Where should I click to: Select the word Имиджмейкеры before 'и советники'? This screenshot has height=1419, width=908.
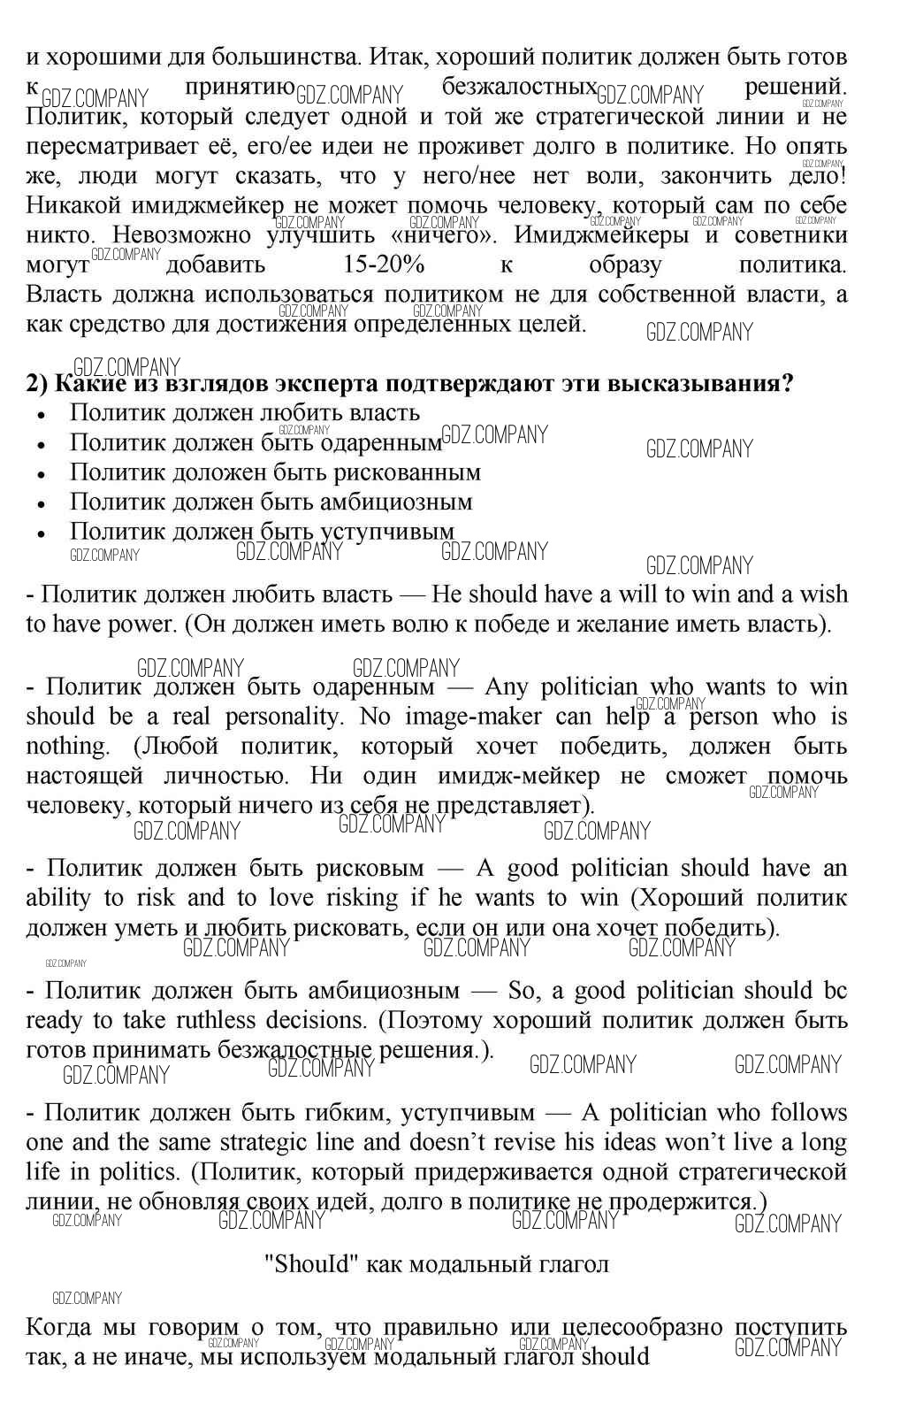pyautogui.click(x=600, y=235)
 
